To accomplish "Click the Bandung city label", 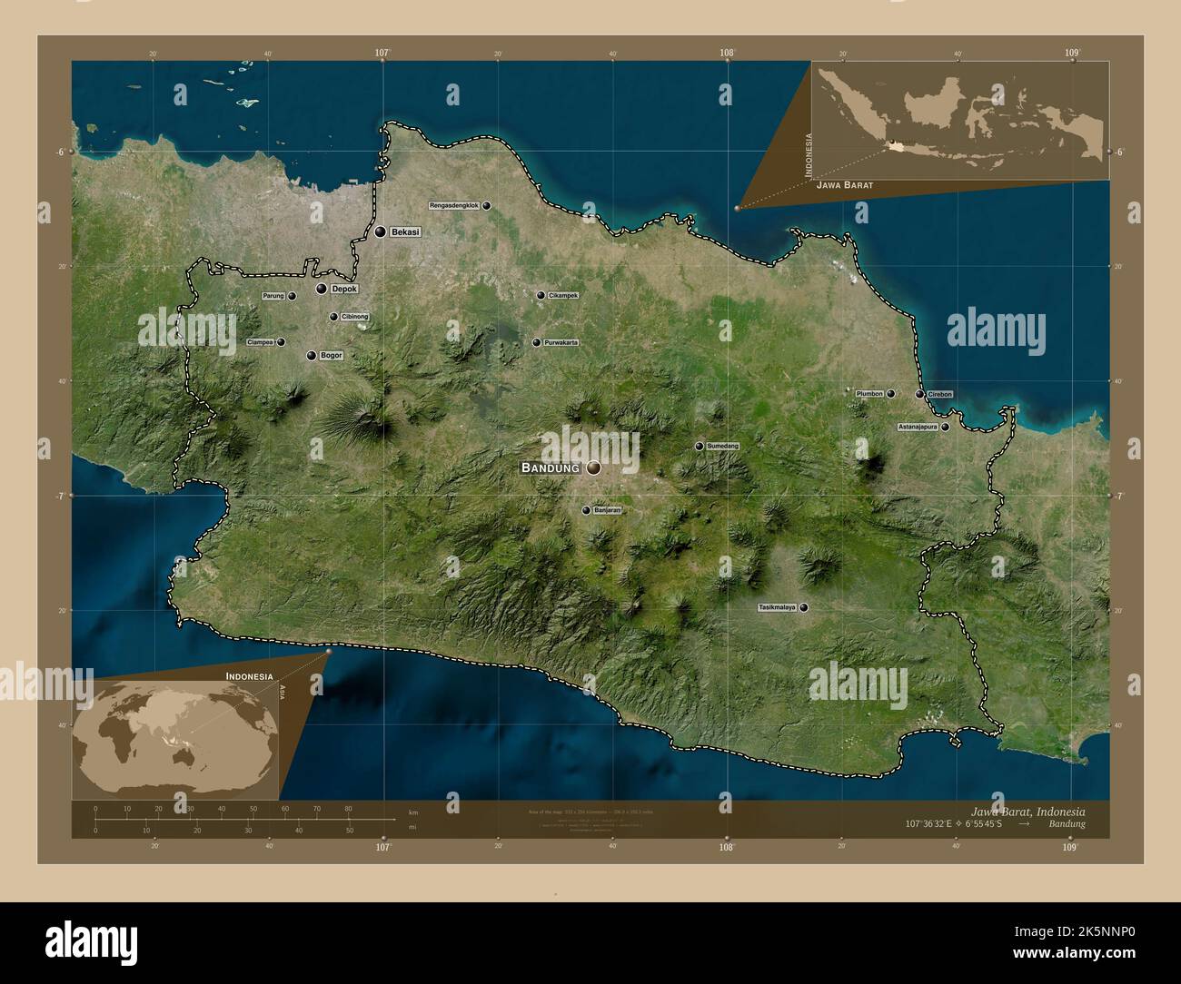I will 550,467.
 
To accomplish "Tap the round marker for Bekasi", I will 380,232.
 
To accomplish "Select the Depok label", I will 344,289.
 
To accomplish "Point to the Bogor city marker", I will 312,356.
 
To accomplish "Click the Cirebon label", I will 940,394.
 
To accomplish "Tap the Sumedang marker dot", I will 700,447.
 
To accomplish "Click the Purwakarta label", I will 561,342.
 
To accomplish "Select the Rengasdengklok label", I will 453,206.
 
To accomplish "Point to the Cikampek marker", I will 541,295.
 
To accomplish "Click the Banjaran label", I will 607,510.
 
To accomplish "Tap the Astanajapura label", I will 917,427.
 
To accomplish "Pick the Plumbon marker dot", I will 891,394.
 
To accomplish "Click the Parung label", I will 273,296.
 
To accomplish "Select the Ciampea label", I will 261,342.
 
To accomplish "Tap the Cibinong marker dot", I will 333,317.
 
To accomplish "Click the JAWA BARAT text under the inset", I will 845,185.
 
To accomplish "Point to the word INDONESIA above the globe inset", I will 250,677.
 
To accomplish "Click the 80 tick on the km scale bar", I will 348,808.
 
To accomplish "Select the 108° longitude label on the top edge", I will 727,53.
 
